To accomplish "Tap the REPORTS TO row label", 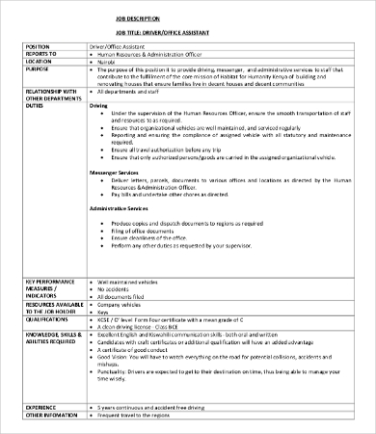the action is coord(40,55).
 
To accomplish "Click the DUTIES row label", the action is coord(35,106).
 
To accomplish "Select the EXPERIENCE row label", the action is coord(42,408).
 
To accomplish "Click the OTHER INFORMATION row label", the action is coord(52,417).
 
